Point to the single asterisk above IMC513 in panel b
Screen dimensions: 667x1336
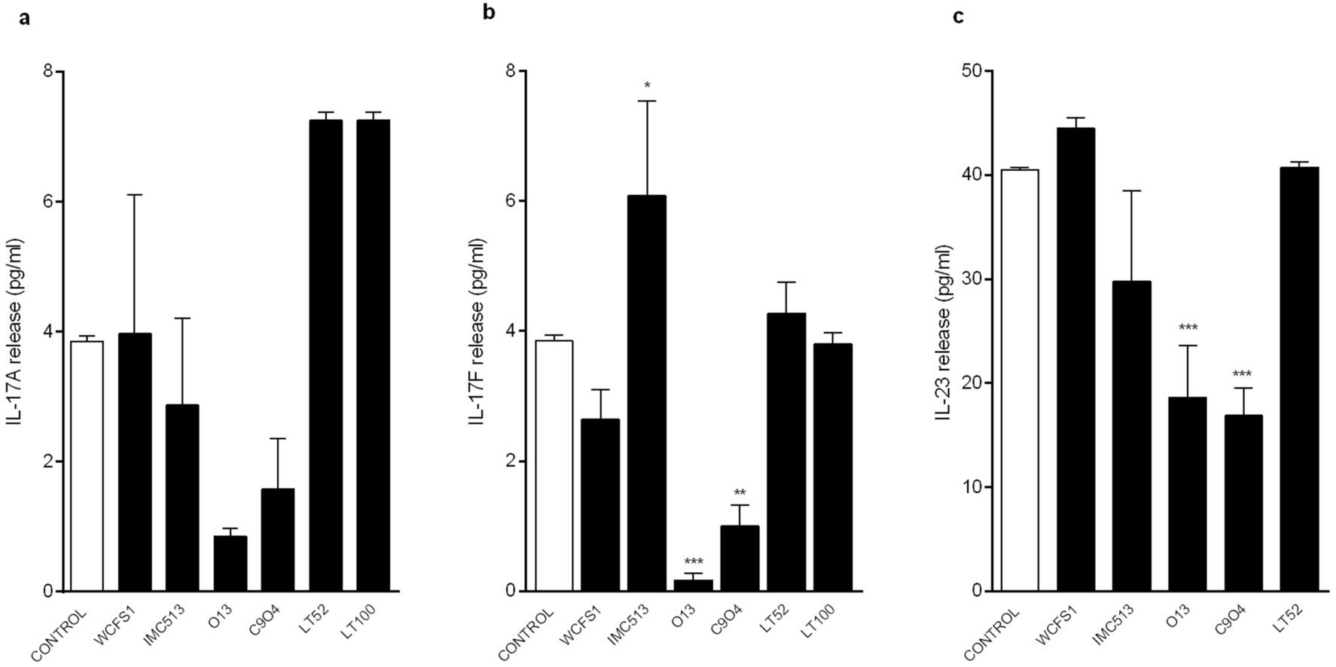(647, 86)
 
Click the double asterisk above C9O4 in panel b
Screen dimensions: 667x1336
(740, 494)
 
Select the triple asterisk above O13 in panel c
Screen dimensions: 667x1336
(1188, 328)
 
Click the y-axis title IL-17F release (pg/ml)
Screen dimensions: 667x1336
(476, 331)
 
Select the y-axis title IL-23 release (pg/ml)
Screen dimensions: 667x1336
(944, 331)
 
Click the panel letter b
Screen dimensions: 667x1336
(490, 14)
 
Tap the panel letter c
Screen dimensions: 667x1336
(958, 16)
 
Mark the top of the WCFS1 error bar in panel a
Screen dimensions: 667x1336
(135, 195)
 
